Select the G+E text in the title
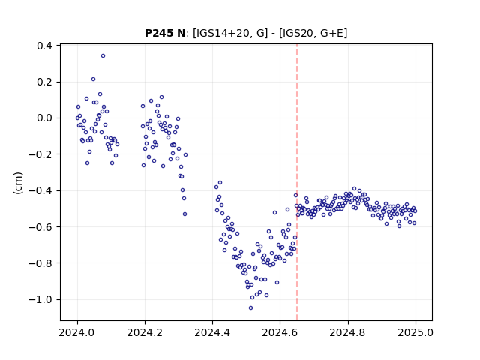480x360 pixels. click(x=331, y=33)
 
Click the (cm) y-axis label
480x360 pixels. click(x=18, y=183)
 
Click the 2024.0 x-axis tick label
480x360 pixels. click(x=77, y=332)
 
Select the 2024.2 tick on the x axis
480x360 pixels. click(x=145, y=332)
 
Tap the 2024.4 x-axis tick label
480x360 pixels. click(x=212, y=332)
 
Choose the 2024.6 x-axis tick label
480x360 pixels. click(x=280, y=332)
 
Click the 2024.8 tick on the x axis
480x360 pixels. click(x=348, y=332)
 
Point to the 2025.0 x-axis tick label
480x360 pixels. click(x=415, y=332)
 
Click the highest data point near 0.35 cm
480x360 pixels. click(x=103, y=56)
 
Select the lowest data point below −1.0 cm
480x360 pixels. click(x=250, y=308)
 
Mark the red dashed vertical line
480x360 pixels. click(x=297, y=182)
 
